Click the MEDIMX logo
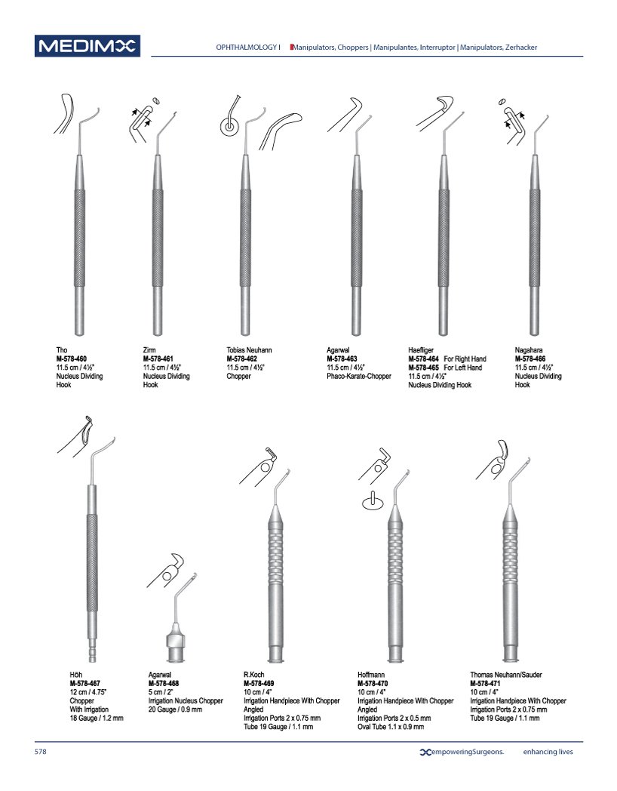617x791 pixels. (87, 46)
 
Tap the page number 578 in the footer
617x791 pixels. (40, 752)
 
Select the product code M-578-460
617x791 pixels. (71, 359)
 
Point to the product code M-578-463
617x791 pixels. (342, 359)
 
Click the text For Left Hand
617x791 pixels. (463, 368)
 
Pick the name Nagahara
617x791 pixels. (529, 350)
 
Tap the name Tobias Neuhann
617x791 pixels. (249, 350)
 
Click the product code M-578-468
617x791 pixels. (164, 684)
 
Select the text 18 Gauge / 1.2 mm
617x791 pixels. (97, 718)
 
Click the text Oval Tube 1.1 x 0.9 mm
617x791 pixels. (391, 727)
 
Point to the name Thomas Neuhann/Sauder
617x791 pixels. (506, 675)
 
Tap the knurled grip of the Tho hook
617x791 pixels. (80, 238)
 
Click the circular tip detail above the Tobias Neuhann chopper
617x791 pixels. (229, 126)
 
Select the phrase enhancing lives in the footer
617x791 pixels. (548, 752)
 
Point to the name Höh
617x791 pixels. (75, 675)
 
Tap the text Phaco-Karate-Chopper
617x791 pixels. (359, 377)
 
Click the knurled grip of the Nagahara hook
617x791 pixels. (534, 238)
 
